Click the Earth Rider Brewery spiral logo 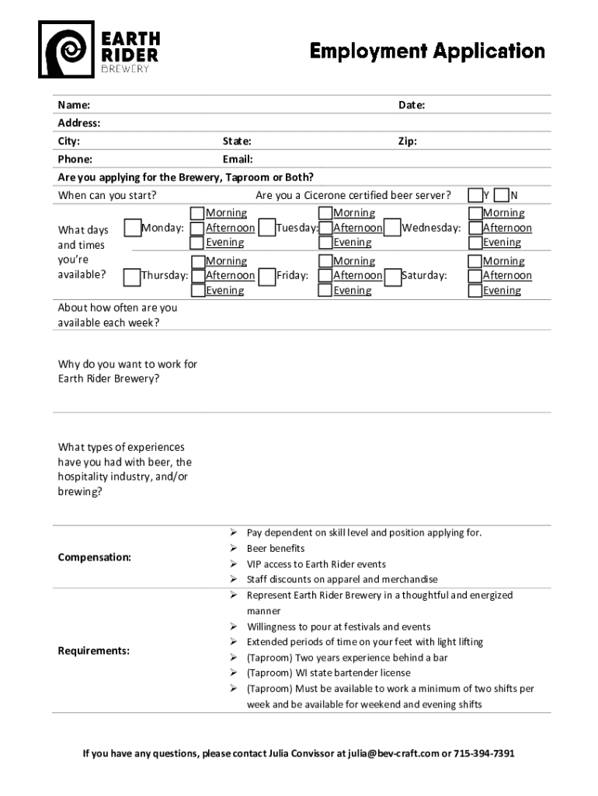point(67,49)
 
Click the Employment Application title point(427,51)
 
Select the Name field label point(74,105)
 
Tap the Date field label point(411,105)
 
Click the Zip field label point(408,141)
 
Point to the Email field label point(238,159)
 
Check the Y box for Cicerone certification point(475,194)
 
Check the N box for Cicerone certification point(502,194)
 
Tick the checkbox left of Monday point(132,228)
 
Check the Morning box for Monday point(197,213)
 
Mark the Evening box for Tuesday point(325,243)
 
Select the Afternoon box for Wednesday point(475,228)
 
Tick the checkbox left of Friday point(266,275)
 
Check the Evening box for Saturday point(475,291)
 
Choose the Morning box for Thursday point(197,261)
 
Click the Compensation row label point(94,557)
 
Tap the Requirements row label point(93,651)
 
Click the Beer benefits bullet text point(276,549)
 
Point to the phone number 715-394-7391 point(485,753)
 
